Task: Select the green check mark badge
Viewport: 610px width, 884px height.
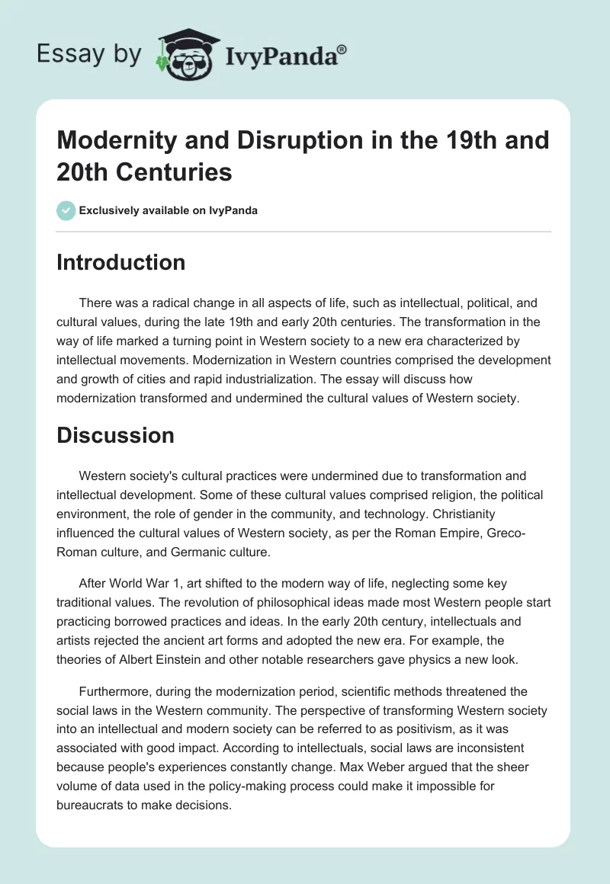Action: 66,210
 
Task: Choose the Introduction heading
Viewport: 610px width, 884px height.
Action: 120,263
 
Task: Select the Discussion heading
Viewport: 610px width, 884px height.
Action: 115,435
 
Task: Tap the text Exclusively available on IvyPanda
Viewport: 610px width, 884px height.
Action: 169,210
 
